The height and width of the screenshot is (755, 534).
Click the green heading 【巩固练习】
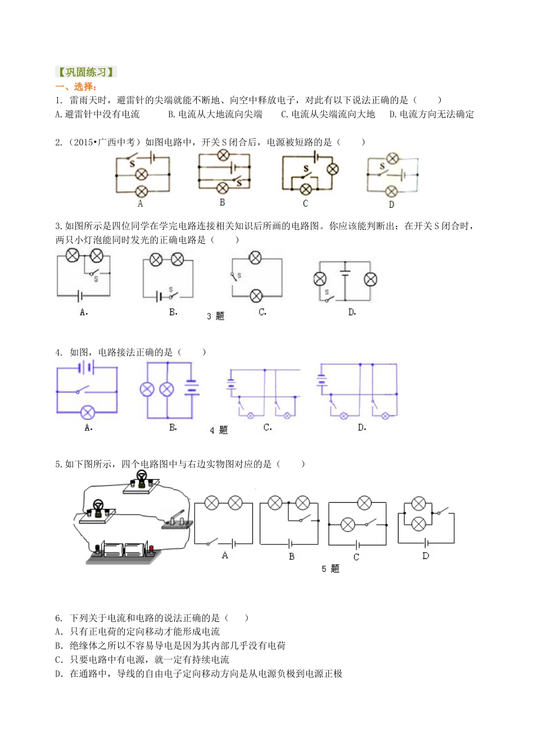86,72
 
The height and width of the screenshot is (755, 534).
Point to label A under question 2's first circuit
141,204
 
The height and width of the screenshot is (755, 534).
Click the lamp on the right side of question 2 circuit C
333,169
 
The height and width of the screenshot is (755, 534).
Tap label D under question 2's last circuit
391,204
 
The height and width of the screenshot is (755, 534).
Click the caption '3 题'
215,316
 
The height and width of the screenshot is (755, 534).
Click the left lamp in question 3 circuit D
320,279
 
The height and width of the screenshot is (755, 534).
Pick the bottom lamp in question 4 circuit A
87,413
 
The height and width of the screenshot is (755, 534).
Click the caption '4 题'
219,430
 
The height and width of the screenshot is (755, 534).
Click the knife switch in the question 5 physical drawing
177,520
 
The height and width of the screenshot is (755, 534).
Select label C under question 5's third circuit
356,557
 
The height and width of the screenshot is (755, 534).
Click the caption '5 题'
331,569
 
